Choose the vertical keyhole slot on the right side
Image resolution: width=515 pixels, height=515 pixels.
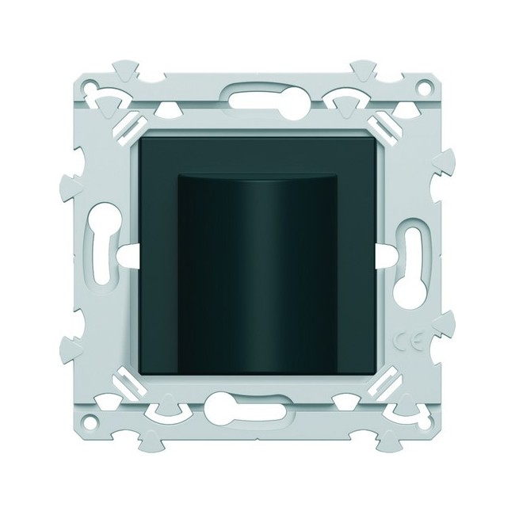click(x=413, y=254)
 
